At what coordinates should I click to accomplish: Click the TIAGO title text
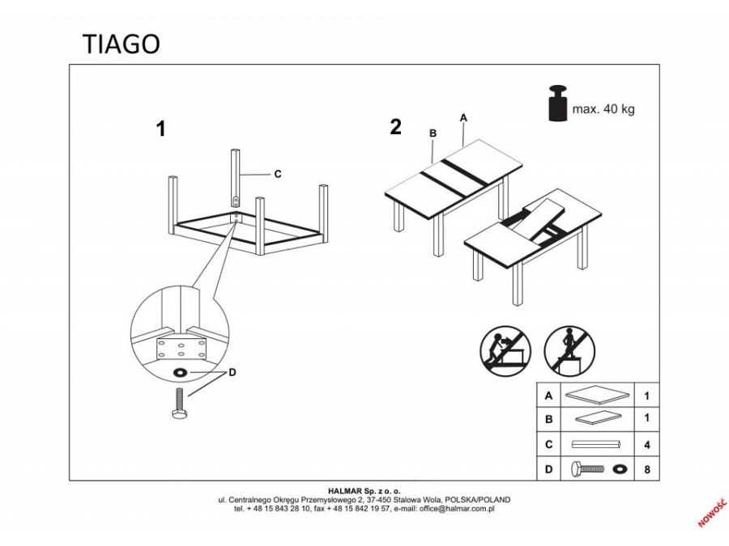click(x=121, y=44)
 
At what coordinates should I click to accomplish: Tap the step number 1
click(x=160, y=129)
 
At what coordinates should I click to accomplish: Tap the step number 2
click(x=395, y=127)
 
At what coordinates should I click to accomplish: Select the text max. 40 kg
click(x=603, y=109)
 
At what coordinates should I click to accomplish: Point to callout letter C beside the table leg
click(x=277, y=174)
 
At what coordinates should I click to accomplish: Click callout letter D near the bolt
click(x=232, y=373)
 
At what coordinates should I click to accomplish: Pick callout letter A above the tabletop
click(x=463, y=117)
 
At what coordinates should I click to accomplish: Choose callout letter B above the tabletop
click(x=433, y=133)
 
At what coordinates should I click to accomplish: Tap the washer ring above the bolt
click(x=178, y=373)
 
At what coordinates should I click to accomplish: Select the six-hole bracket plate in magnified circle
click(x=178, y=349)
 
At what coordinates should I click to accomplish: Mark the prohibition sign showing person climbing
click(x=565, y=350)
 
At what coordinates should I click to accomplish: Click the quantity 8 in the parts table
click(x=646, y=468)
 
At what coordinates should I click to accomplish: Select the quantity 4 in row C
click(x=646, y=444)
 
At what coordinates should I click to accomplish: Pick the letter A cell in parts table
click(x=549, y=396)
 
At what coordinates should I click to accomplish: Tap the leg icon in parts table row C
click(x=596, y=444)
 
